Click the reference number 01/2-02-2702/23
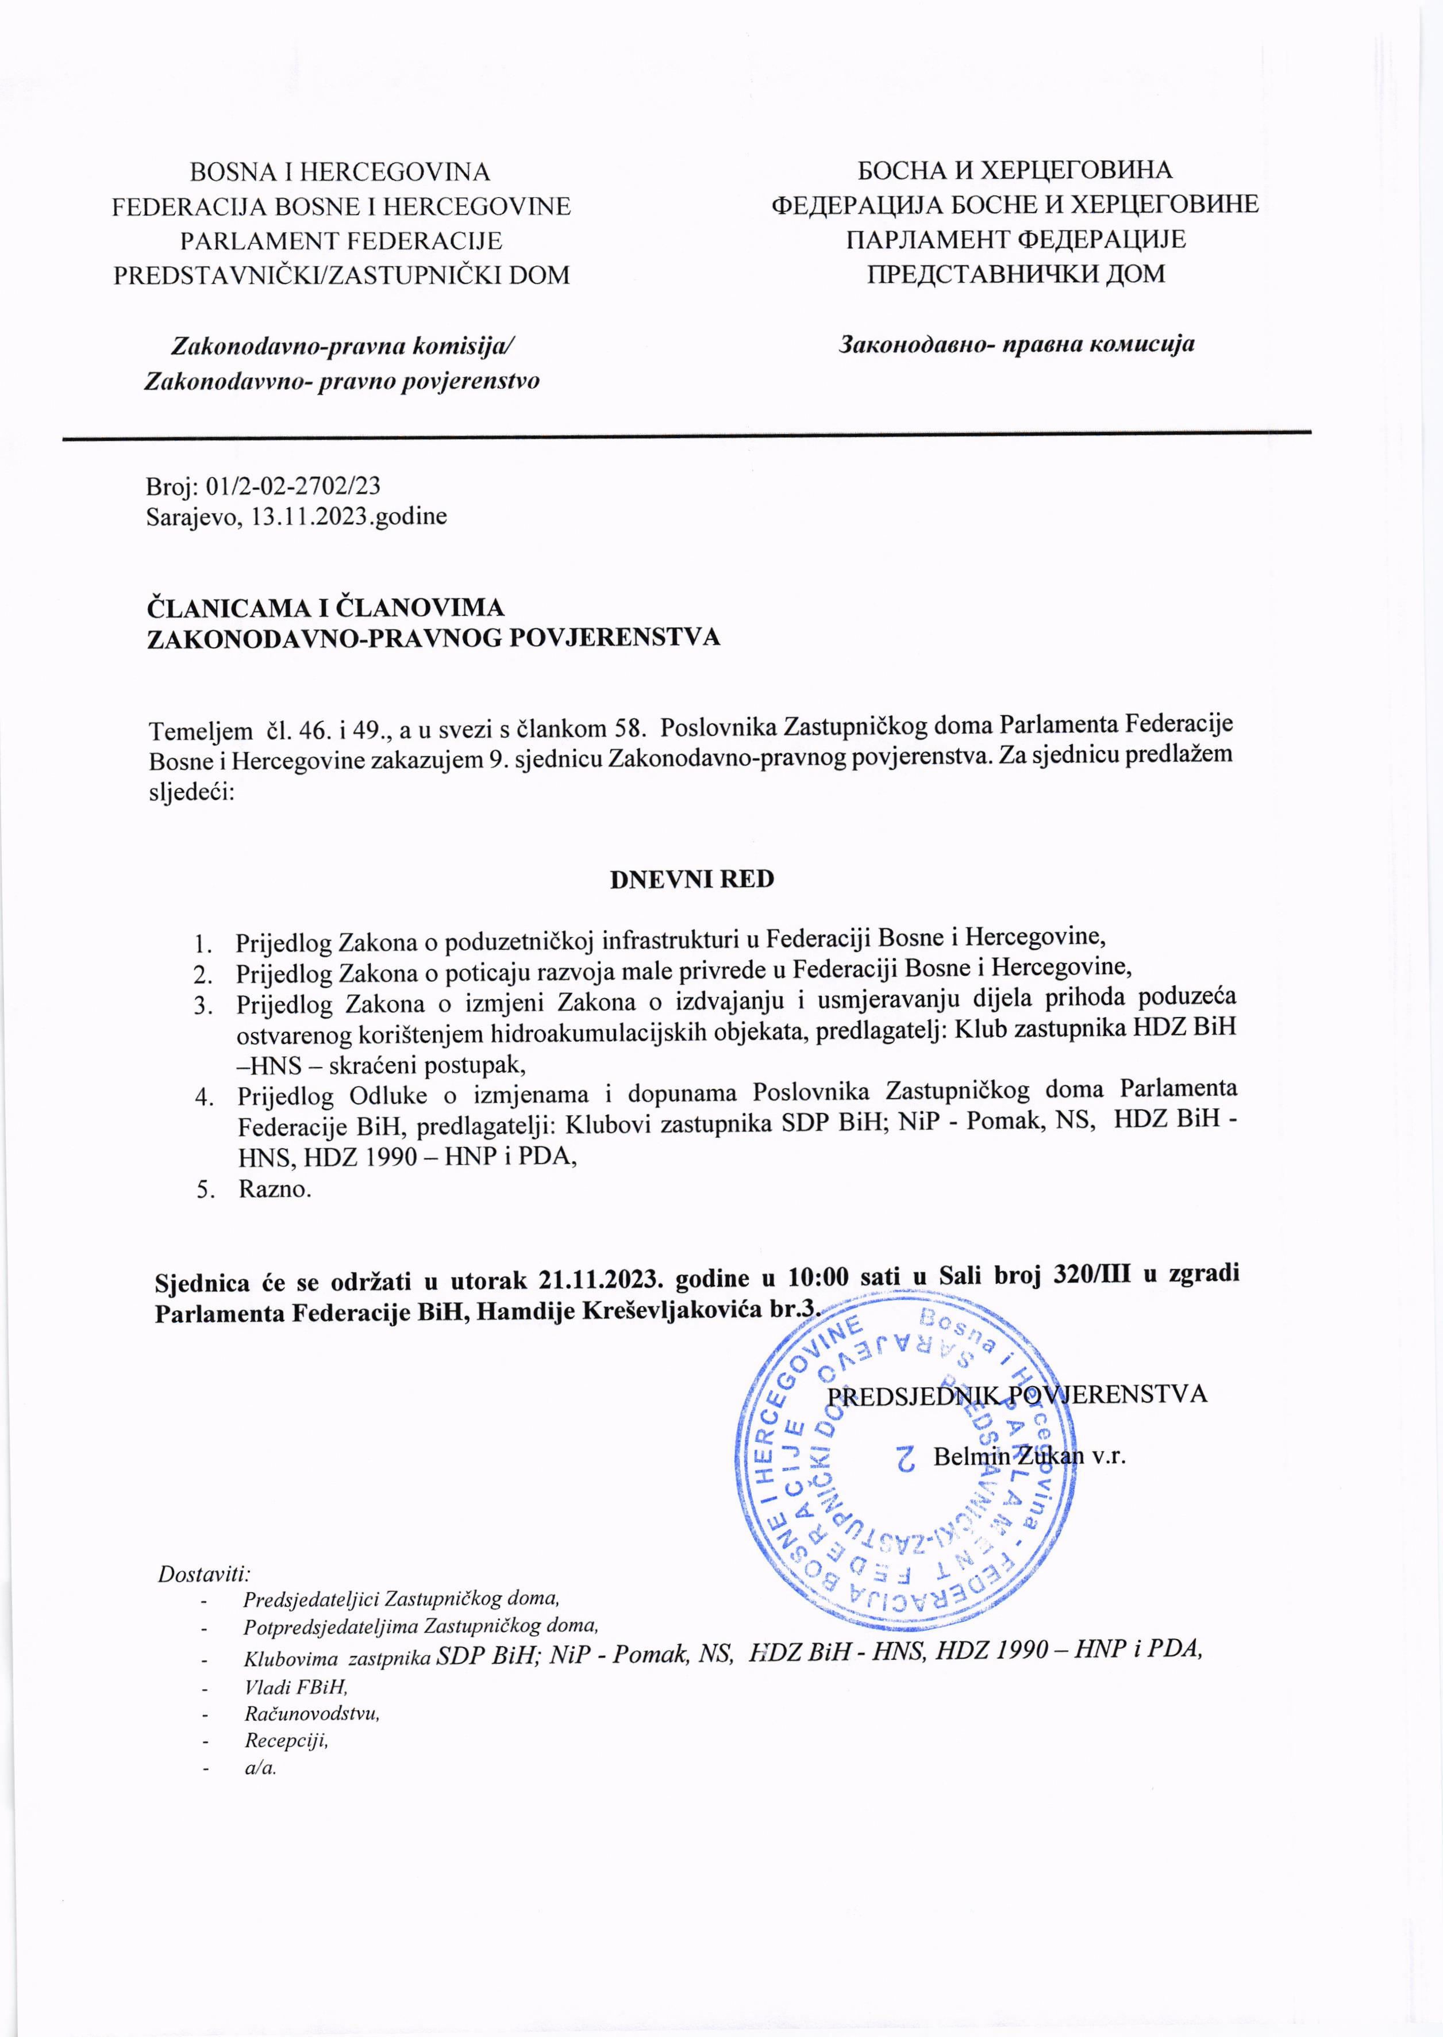point(293,485)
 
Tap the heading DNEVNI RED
point(691,879)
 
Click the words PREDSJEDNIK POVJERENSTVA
point(1017,1392)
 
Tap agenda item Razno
point(275,1188)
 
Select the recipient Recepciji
point(286,1739)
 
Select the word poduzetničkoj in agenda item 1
point(520,939)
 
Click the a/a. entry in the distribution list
point(260,1767)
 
